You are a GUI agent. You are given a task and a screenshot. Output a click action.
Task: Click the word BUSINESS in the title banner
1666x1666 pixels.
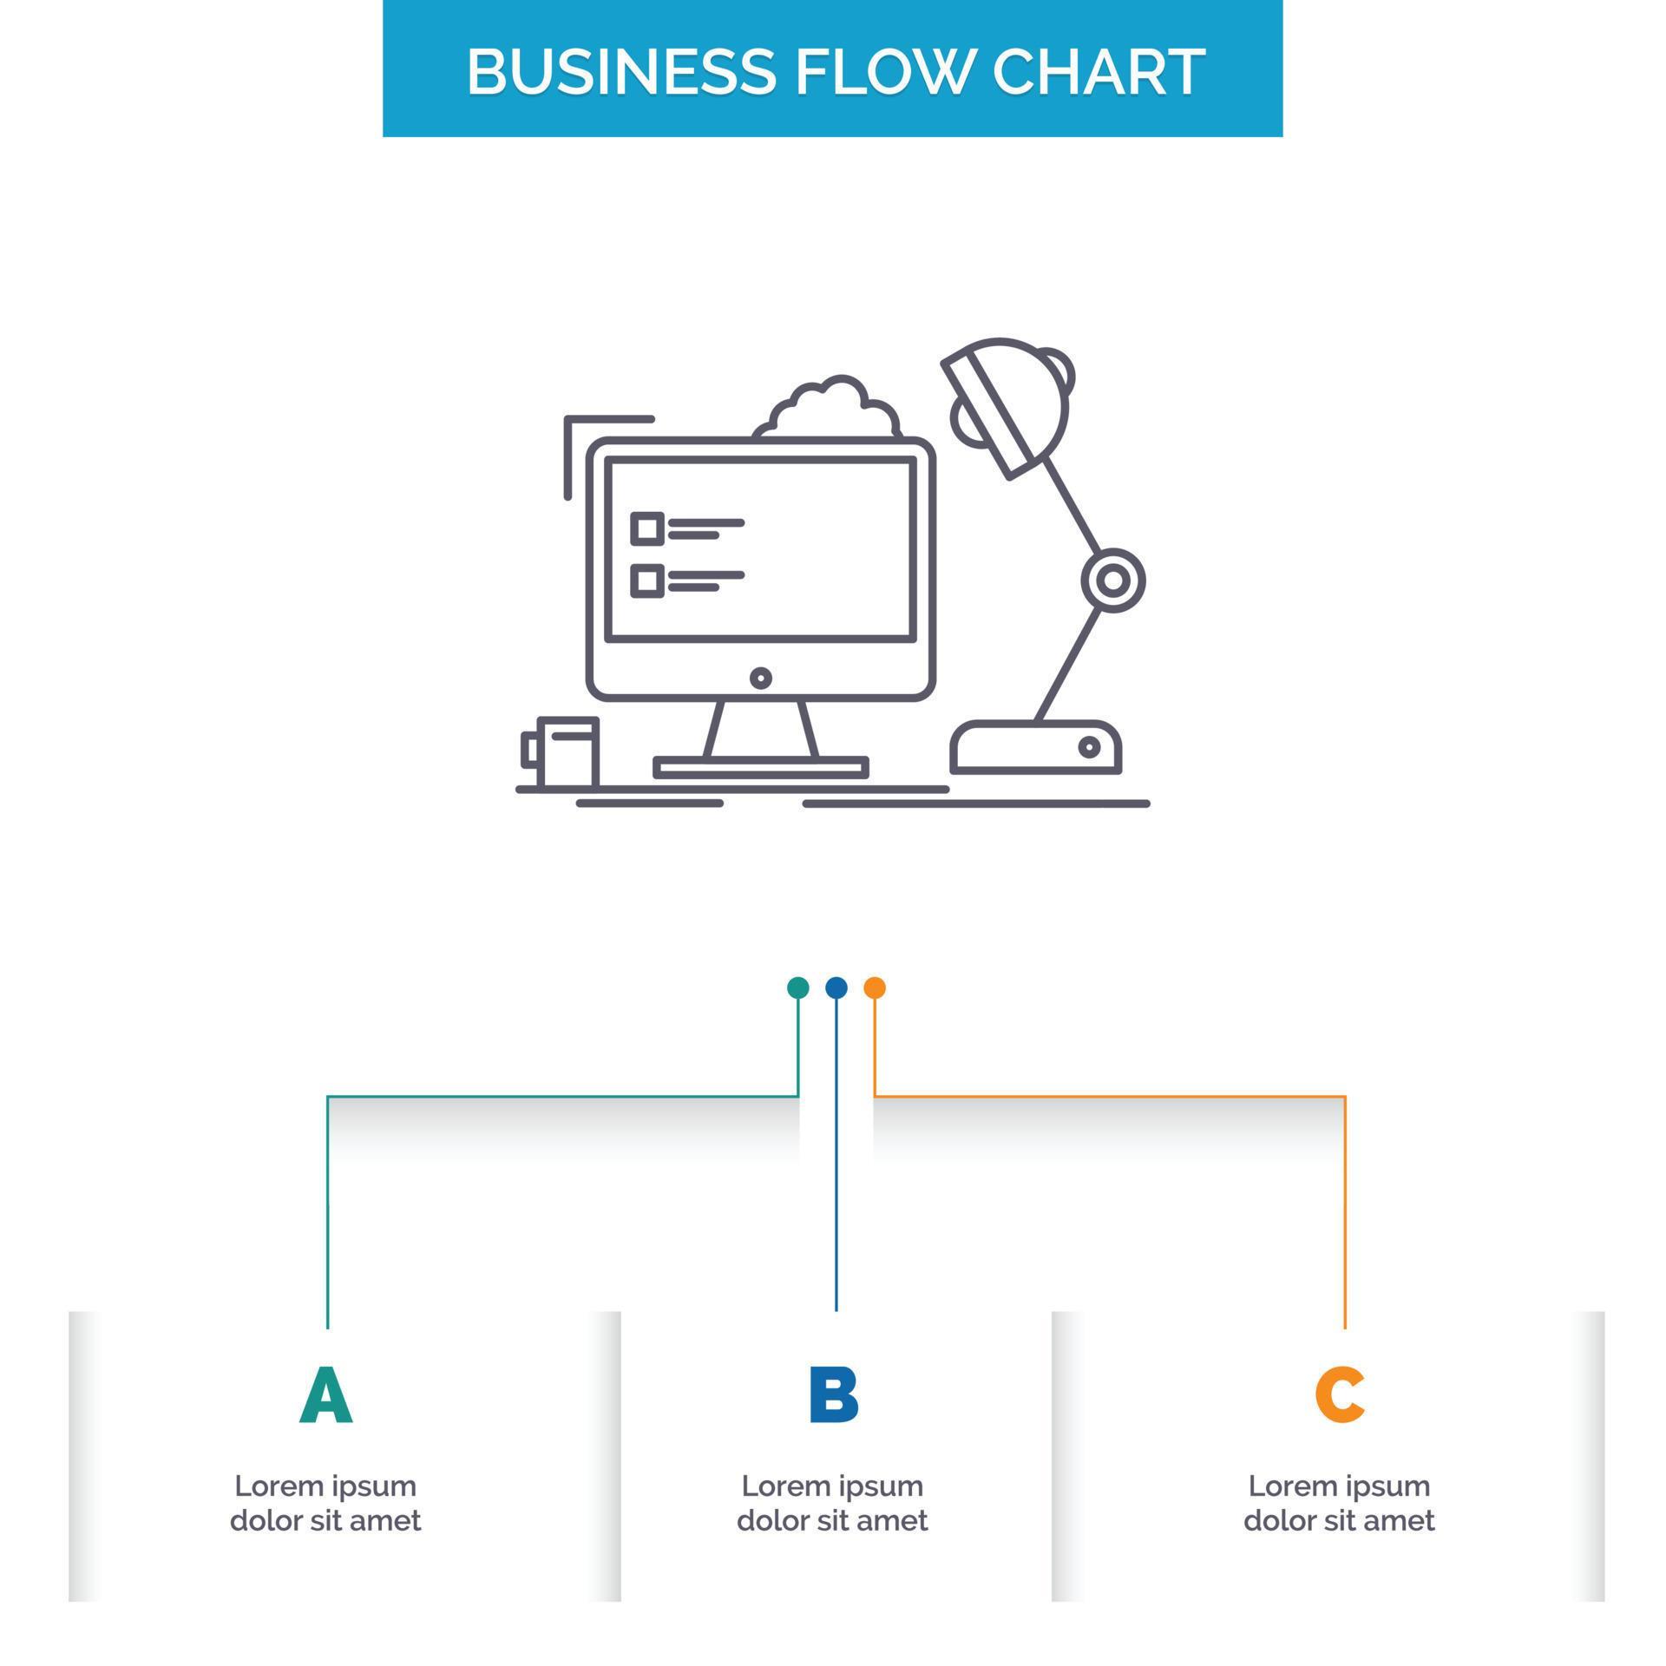(x=620, y=71)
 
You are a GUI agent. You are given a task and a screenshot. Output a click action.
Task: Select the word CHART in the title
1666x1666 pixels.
(x=1099, y=71)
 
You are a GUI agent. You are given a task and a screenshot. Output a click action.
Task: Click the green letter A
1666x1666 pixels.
(x=326, y=1394)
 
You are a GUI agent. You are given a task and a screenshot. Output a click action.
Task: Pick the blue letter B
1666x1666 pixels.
(x=833, y=1394)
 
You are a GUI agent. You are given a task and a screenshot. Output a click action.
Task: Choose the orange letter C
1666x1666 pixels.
(x=1340, y=1394)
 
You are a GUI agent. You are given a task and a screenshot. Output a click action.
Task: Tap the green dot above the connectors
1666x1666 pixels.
(x=797, y=987)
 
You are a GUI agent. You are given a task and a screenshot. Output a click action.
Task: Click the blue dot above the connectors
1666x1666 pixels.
(x=836, y=987)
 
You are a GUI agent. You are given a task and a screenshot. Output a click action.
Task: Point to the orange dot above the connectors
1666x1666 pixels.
(x=875, y=987)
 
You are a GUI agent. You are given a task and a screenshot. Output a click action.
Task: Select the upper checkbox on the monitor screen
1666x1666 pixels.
(x=646, y=528)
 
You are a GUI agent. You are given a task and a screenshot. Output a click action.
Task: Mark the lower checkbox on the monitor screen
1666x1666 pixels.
(x=646, y=580)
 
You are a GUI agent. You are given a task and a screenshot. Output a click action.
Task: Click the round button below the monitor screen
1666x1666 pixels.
(x=760, y=678)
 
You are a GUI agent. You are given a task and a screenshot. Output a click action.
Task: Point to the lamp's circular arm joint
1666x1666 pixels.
(x=1113, y=580)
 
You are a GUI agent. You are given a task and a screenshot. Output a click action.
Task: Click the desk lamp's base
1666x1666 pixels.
(x=1036, y=747)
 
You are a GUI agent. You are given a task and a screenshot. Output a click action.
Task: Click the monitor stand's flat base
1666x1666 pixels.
(x=760, y=767)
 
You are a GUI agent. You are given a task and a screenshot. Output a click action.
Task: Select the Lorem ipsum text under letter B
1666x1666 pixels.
(x=832, y=1503)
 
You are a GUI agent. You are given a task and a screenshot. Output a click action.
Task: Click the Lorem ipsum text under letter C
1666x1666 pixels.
(x=1339, y=1503)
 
